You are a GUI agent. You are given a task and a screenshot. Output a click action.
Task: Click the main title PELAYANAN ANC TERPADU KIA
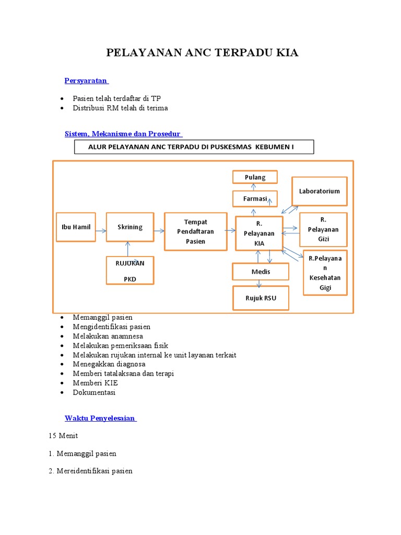(x=202, y=53)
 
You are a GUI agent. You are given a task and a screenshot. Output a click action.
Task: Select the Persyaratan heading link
(x=86, y=80)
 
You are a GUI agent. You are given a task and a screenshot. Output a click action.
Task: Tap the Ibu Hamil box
(x=76, y=227)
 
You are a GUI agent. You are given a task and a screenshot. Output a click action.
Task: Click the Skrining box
(x=130, y=227)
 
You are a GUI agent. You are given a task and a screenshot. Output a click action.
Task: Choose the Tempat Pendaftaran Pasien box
(x=195, y=231)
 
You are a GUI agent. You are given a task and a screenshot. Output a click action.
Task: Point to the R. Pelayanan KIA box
(x=259, y=233)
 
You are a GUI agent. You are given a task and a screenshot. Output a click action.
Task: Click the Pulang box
(x=255, y=177)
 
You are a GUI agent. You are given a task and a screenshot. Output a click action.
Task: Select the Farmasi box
(x=255, y=199)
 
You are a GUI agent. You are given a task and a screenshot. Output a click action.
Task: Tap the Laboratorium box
(x=319, y=191)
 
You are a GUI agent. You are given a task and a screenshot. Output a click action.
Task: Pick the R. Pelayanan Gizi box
(x=323, y=229)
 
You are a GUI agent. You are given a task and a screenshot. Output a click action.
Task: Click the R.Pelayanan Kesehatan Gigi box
(x=325, y=273)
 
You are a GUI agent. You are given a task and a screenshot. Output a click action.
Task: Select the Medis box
(x=261, y=272)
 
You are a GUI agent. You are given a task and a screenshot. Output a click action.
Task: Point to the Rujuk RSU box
(x=261, y=298)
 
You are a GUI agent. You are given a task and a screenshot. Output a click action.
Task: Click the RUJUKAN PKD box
(x=130, y=270)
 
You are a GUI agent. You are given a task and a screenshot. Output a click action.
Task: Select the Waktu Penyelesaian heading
(x=100, y=418)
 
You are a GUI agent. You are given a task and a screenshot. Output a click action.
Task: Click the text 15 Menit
(x=63, y=436)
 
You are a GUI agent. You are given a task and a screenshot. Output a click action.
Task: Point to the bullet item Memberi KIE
(x=96, y=383)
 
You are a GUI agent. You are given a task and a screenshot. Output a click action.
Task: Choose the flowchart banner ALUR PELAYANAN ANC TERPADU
(x=194, y=147)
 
